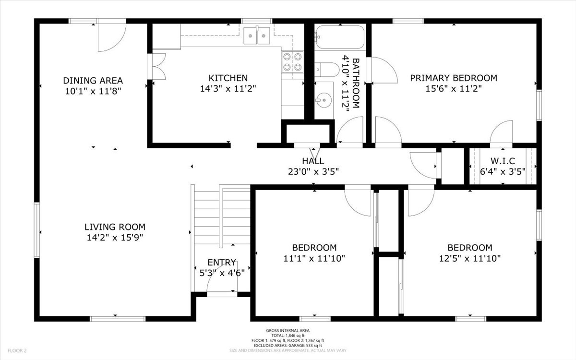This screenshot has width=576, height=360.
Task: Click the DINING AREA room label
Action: pos(93,80)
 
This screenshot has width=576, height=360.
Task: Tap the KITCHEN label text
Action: pos(228,78)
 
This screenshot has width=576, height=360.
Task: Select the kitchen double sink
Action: pos(256,36)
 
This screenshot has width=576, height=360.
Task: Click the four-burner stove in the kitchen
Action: pos(292,61)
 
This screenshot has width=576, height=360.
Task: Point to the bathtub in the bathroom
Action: pos(339,37)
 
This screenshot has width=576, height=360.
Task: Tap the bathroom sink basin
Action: pos(324,100)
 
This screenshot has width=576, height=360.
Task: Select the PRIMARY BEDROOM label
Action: pos(453,78)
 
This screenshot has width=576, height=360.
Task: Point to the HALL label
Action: pos(312,161)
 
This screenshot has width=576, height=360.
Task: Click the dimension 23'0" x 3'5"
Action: pos(312,171)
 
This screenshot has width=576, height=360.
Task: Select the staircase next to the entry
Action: pos(222,216)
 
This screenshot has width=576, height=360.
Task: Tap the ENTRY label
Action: pos(221,263)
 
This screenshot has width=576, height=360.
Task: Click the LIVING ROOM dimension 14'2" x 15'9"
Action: pos(115,237)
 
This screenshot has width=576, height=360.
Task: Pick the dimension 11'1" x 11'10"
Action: pos(314,258)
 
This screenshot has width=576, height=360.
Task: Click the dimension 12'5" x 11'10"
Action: pos(469,258)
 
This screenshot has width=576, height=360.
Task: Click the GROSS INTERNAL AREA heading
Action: pos(288,330)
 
